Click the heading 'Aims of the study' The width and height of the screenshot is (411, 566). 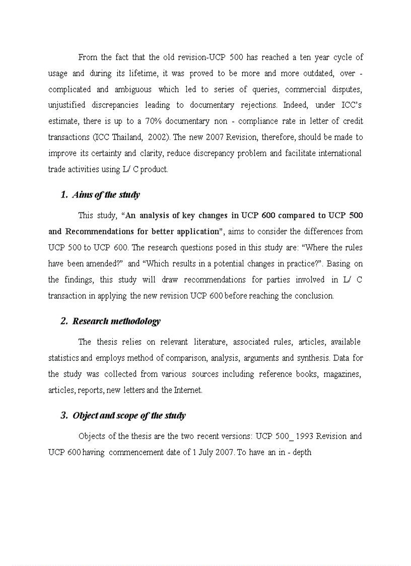click(x=106, y=195)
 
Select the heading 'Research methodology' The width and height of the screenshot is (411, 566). click(x=116, y=321)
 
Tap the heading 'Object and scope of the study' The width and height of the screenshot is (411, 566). click(x=129, y=415)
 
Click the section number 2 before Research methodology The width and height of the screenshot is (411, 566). click(x=63, y=321)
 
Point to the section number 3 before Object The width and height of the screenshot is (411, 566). click(x=63, y=415)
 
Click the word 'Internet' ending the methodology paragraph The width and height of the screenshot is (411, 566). click(x=188, y=390)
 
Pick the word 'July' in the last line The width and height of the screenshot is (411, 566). click(x=207, y=452)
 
